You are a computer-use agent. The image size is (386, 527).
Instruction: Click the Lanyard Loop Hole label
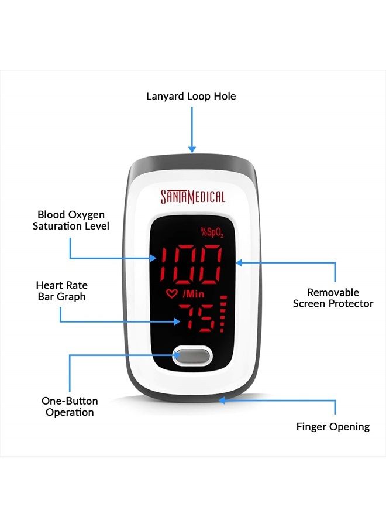tap(191, 96)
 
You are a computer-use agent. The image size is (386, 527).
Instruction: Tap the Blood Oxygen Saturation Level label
tap(71, 220)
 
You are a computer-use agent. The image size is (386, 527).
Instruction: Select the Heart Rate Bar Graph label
tap(62, 290)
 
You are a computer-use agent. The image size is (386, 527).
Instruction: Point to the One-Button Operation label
tap(70, 406)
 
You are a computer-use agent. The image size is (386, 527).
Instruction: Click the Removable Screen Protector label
tap(333, 298)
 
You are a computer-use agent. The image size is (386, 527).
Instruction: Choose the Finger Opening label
tap(333, 427)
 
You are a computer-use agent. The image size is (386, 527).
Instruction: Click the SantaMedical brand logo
tap(192, 197)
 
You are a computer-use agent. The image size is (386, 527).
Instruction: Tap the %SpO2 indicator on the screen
tap(212, 232)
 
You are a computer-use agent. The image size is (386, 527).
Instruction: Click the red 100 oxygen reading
tap(191, 265)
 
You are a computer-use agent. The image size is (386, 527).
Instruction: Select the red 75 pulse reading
tap(197, 317)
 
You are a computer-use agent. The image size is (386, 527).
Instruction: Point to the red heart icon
tap(171, 294)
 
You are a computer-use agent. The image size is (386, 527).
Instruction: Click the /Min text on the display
tap(194, 294)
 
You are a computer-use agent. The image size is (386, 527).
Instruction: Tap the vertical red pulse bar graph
tap(223, 314)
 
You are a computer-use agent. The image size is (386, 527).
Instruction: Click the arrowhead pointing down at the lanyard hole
tap(192, 149)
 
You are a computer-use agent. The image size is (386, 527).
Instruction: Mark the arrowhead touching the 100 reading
tap(153, 258)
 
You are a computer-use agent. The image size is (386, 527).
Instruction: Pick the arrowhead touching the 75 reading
tap(177, 321)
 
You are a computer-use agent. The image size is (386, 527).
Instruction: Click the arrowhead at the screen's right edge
tap(239, 262)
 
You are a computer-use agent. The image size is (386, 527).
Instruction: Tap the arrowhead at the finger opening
tap(222, 401)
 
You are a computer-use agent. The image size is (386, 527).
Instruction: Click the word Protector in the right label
tap(351, 304)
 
